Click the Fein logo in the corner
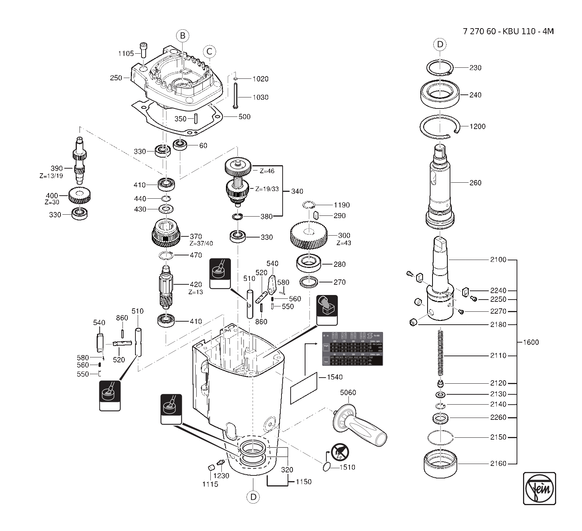click(x=539, y=488)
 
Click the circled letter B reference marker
click(x=183, y=36)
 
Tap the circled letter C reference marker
click(x=209, y=51)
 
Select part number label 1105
click(x=126, y=53)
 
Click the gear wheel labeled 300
click(x=308, y=235)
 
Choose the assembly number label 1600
click(x=531, y=342)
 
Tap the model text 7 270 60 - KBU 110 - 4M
click(x=508, y=31)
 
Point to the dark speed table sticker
click(x=352, y=349)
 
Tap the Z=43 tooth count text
click(x=344, y=243)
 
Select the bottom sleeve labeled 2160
click(x=440, y=463)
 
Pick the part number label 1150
click(x=303, y=482)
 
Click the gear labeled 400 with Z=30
click(x=80, y=196)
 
